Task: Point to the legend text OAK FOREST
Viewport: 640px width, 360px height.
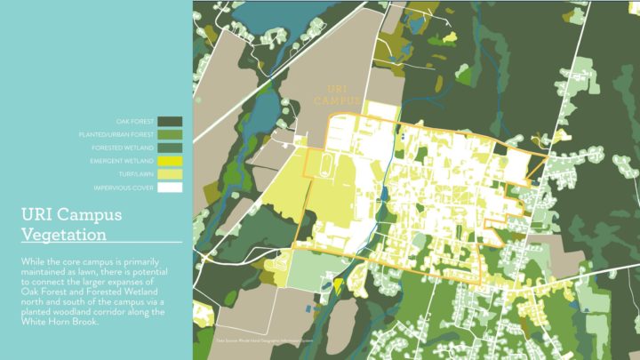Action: click(137, 121)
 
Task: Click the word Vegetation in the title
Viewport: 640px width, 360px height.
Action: click(63, 235)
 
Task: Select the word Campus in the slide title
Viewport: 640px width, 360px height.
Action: click(92, 216)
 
